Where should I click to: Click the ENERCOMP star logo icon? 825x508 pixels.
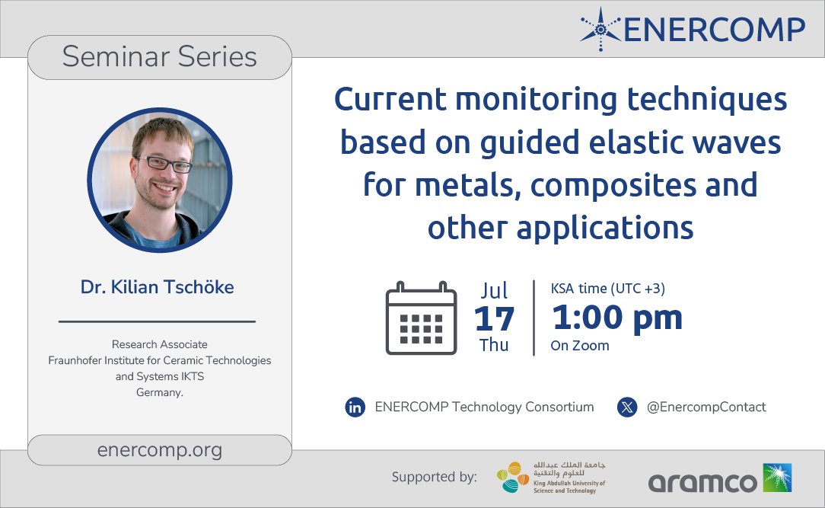(x=601, y=29)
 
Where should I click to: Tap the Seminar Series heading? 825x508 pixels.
(x=160, y=57)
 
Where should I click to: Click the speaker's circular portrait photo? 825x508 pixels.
(x=160, y=181)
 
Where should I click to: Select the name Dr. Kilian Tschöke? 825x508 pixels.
(x=158, y=287)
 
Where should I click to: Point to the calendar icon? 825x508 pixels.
(x=420, y=318)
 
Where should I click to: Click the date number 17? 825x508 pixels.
(x=494, y=318)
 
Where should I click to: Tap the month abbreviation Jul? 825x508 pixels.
(x=494, y=290)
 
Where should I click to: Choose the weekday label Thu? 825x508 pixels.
(x=494, y=345)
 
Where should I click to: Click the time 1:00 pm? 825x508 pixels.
(x=616, y=318)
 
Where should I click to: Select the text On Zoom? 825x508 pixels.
(x=580, y=346)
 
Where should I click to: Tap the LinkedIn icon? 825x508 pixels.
(x=355, y=407)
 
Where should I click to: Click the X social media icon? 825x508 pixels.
(x=626, y=407)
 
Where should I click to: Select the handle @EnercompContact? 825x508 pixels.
(x=706, y=407)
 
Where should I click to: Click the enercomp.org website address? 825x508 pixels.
(x=160, y=450)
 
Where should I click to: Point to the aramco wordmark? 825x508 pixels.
(x=702, y=482)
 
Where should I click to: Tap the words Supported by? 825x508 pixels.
(x=435, y=478)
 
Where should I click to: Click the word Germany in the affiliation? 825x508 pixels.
(x=158, y=391)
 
